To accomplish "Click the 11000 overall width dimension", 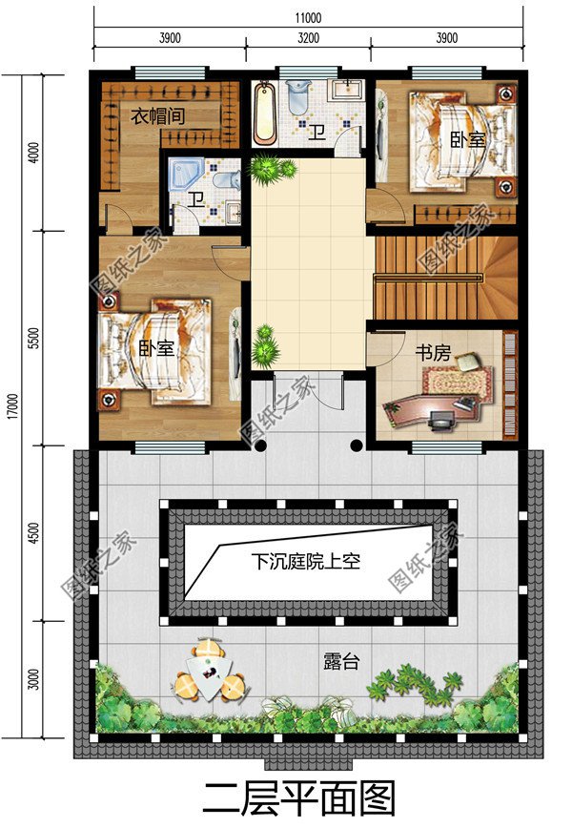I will (308, 17).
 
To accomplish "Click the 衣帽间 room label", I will (157, 115).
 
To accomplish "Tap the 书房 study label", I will (431, 353).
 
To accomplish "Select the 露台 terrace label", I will (342, 661).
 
